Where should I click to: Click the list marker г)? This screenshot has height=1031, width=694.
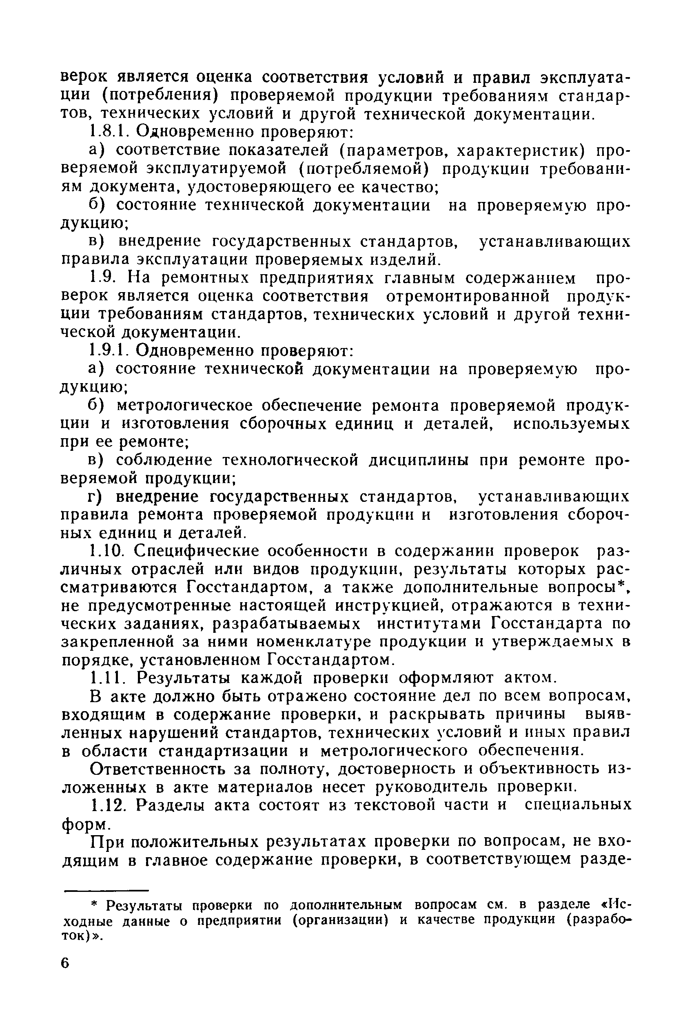95,497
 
